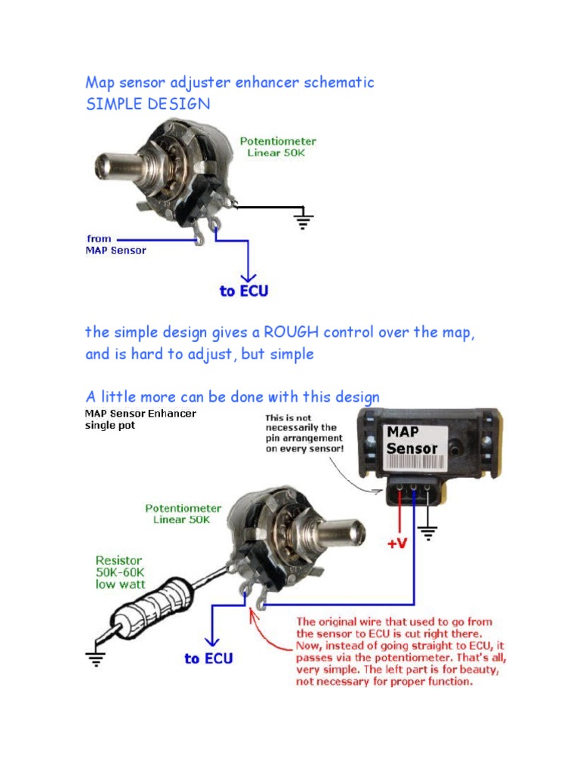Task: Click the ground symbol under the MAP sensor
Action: pyautogui.click(x=428, y=534)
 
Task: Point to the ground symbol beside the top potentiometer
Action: pyautogui.click(x=304, y=220)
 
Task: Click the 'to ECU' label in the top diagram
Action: pyautogui.click(x=244, y=291)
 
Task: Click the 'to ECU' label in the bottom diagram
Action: pyautogui.click(x=209, y=659)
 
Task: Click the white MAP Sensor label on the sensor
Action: pyautogui.click(x=412, y=441)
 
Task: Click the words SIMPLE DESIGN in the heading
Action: pyautogui.click(x=148, y=104)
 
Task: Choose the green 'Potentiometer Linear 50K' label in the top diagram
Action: pyautogui.click(x=278, y=146)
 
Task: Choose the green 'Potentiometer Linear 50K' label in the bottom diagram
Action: pyautogui.click(x=184, y=514)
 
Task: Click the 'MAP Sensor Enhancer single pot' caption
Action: pyautogui.click(x=140, y=419)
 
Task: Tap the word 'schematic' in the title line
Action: pyautogui.click(x=338, y=82)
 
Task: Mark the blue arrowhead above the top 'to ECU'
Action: pyautogui.click(x=244, y=276)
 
